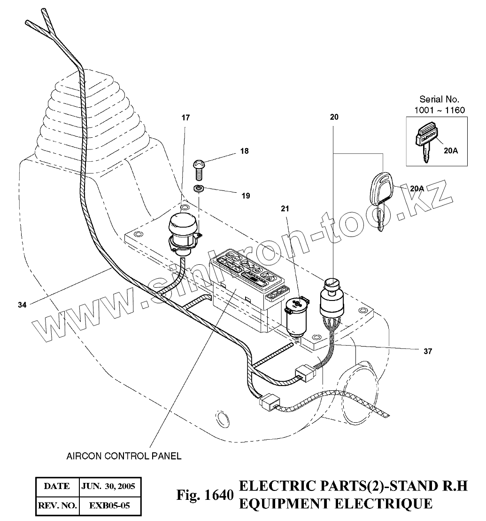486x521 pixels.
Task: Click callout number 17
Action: [x=185, y=118]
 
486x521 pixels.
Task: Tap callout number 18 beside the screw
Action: [x=244, y=151]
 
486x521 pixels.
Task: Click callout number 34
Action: [x=22, y=305]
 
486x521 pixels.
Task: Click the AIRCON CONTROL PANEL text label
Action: [x=124, y=456]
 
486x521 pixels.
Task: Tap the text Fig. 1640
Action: [x=204, y=496]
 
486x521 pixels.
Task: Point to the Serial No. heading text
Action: [x=439, y=100]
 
